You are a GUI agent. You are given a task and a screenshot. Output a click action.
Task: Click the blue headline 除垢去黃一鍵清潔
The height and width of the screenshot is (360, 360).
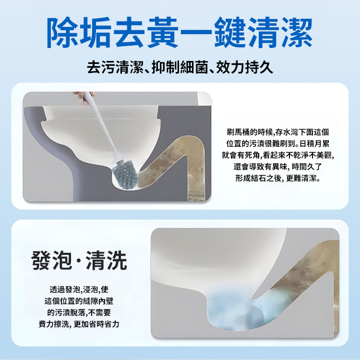click(x=180, y=32)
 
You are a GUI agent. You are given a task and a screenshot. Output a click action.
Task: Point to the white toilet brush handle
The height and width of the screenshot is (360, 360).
click(x=103, y=129)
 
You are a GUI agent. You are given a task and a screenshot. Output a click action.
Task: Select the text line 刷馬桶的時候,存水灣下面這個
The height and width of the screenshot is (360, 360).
click(x=278, y=132)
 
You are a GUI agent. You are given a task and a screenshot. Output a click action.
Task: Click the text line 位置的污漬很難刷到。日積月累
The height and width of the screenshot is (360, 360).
click(x=278, y=144)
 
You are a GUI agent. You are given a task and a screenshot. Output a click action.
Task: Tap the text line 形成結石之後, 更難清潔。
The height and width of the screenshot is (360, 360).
click(x=278, y=178)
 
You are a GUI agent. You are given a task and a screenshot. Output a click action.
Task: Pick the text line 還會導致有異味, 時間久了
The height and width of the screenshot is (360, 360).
click(x=278, y=167)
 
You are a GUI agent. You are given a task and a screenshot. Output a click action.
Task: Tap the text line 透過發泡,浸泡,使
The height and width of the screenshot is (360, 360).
click(x=79, y=289)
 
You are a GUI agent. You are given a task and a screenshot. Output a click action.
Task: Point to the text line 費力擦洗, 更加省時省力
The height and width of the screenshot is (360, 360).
click(x=79, y=324)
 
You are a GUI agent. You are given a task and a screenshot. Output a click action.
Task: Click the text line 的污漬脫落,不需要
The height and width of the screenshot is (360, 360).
click(x=79, y=312)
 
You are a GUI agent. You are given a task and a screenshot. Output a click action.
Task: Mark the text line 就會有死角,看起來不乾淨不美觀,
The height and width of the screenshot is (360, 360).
click(x=278, y=155)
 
